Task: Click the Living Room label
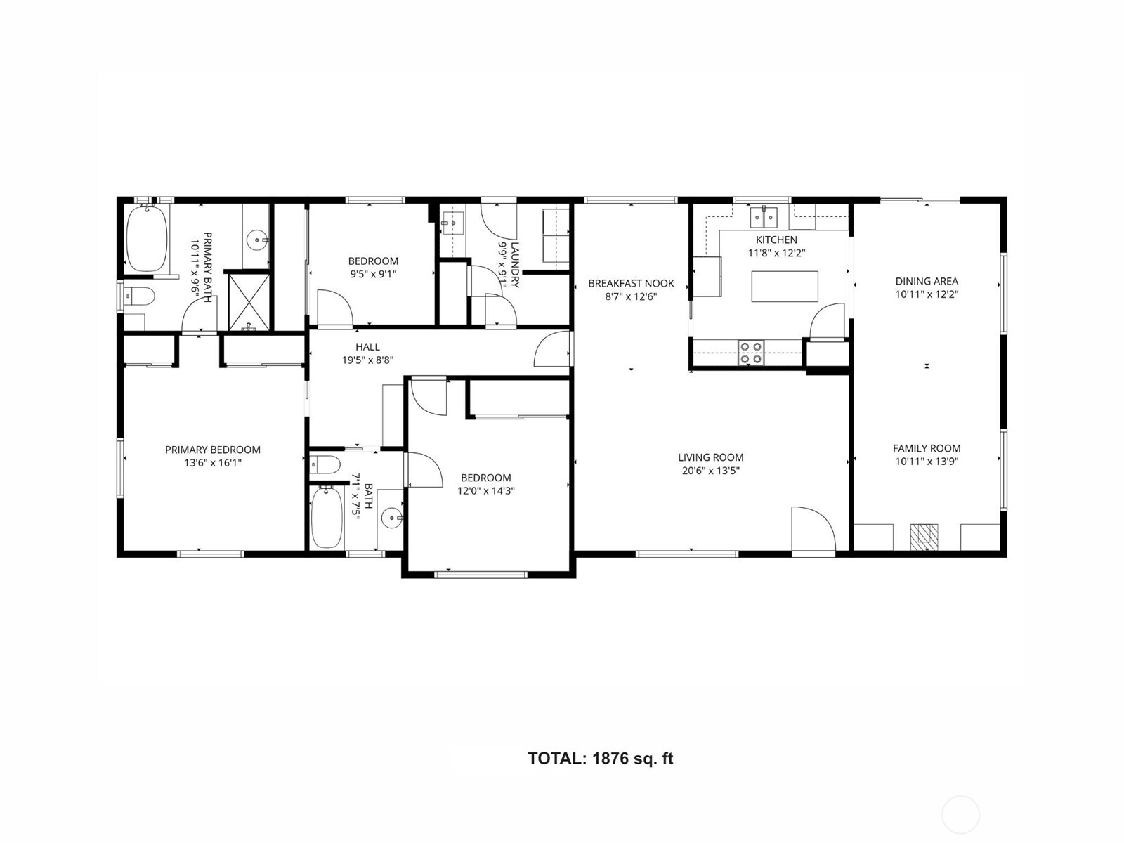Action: (710, 457)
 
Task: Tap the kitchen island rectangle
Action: (785, 286)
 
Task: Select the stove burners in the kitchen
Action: (751, 352)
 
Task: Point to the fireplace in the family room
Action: (924, 537)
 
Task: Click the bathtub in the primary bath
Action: (146, 237)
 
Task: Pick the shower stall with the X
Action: (248, 301)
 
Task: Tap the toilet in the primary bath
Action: (138, 297)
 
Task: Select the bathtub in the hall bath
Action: (326, 517)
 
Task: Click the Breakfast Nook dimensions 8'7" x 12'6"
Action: (631, 296)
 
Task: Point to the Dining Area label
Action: (927, 281)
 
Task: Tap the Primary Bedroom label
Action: (212, 450)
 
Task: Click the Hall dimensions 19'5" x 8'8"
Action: (367, 360)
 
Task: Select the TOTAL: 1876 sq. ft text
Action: (600, 759)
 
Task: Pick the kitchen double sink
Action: (763, 217)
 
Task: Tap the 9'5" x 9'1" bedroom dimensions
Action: (373, 274)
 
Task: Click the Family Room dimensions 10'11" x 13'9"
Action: (927, 462)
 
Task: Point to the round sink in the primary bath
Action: (257, 240)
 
